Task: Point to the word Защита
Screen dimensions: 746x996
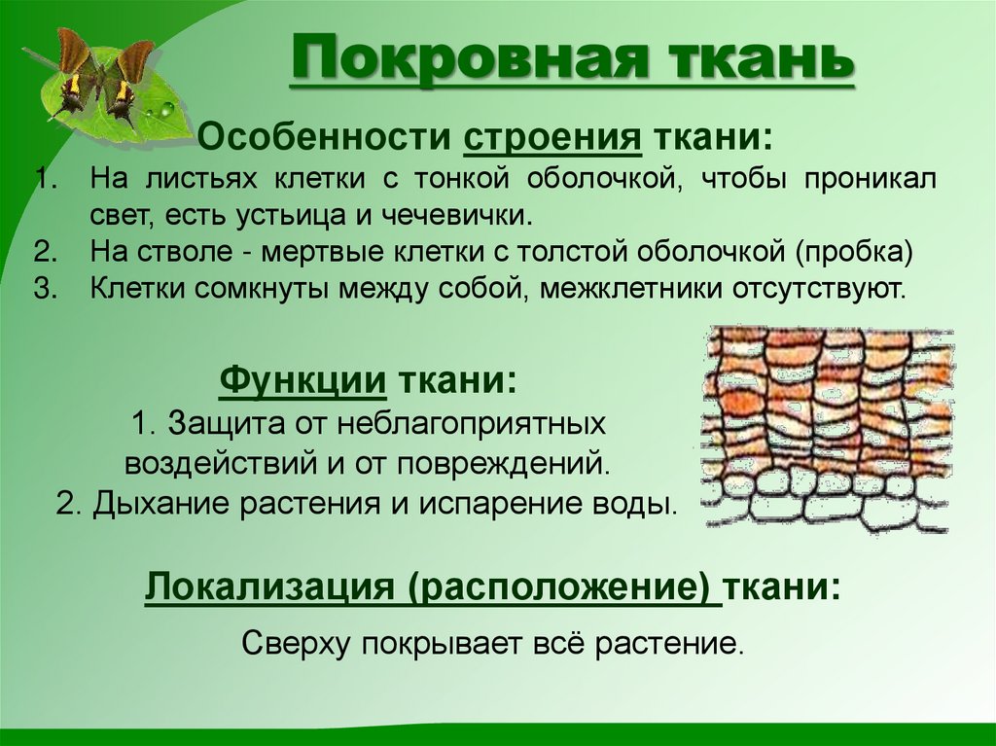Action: point(220,424)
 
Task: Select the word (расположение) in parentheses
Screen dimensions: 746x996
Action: point(556,588)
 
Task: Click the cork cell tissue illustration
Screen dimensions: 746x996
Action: point(828,429)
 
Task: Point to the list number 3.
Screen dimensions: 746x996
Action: point(40,289)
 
